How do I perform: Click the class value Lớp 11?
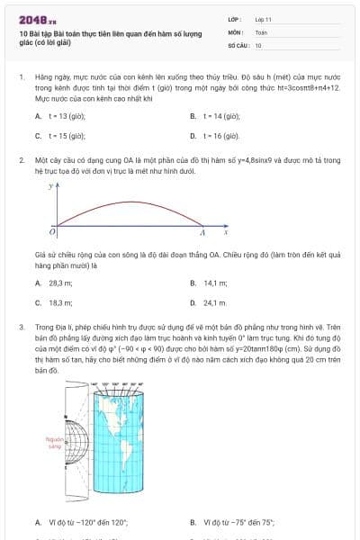[x=263, y=18]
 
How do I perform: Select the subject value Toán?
[x=261, y=31]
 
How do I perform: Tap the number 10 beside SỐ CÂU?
[x=258, y=44]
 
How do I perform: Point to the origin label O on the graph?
[x=51, y=233]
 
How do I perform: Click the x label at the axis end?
[x=225, y=233]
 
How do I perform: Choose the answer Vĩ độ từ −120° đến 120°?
[x=81, y=522]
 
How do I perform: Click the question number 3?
[x=21, y=328]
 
